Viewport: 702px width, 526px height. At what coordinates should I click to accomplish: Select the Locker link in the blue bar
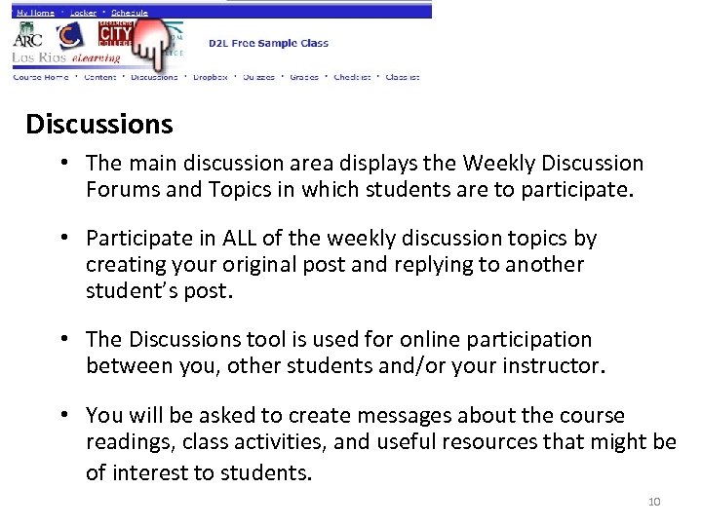click(x=85, y=13)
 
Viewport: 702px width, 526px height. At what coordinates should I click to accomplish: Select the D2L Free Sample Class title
click(x=268, y=43)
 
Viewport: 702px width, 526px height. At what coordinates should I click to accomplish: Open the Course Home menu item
click(x=40, y=77)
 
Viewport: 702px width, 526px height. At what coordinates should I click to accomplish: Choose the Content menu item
click(x=99, y=77)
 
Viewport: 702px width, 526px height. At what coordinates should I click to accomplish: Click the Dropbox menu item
click(x=210, y=77)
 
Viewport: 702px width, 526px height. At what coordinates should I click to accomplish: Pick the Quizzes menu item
click(x=258, y=77)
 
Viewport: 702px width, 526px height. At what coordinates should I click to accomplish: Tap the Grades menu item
click(x=304, y=77)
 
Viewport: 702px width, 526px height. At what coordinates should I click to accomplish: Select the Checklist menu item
click(x=352, y=77)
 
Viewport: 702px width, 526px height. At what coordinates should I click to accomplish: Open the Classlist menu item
click(x=402, y=77)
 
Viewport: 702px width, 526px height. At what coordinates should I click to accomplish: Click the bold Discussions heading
click(x=99, y=125)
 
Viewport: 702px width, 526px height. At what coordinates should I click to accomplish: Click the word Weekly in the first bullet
click(x=501, y=164)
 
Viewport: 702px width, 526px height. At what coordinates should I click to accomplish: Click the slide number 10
click(x=653, y=502)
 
